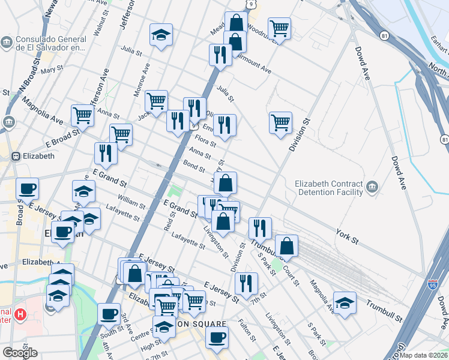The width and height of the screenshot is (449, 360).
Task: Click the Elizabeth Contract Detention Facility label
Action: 329,188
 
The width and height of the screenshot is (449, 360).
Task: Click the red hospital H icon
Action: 20,314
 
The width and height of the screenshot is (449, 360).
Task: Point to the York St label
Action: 347,236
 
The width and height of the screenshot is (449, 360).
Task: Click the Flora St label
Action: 205,142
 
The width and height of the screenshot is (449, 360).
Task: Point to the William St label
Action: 131,202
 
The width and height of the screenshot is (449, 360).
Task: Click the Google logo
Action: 20,353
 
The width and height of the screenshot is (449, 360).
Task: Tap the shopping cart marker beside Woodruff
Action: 280,28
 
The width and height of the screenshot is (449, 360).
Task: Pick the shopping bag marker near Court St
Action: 288,245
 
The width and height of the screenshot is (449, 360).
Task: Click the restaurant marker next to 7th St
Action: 246,283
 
